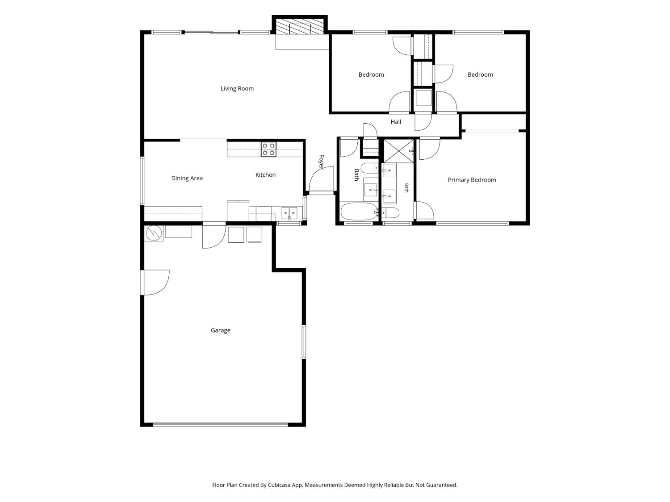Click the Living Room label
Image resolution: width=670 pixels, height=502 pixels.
click(x=237, y=88)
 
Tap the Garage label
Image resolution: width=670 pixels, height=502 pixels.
click(x=220, y=330)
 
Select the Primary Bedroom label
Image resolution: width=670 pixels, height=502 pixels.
click(x=472, y=180)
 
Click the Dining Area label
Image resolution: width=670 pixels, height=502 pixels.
click(x=187, y=178)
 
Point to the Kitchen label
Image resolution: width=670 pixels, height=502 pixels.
click(x=265, y=174)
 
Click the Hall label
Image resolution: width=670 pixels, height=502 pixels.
click(x=396, y=122)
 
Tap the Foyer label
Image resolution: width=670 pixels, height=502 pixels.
click(x=321, y=162)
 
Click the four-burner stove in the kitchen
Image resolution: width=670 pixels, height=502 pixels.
click(x=268, y=149)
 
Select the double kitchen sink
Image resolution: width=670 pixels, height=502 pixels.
click(x=289, y=213)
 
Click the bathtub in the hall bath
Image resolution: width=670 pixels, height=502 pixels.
click(x=359, y=212)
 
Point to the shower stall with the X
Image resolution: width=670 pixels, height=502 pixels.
click(x=398, y=151)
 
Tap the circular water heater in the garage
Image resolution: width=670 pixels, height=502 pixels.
click(x=154, y=233)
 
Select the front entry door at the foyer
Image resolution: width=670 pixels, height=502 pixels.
click(x=322, y=180)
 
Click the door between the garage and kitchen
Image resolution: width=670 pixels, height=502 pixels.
click(x=214, y=236)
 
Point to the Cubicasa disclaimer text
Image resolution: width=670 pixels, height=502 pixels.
click(x=335, y=485)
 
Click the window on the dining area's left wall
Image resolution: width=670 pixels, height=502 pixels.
click(x=142, y=180)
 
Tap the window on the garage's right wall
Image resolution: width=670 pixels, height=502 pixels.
click(x=304, y=342)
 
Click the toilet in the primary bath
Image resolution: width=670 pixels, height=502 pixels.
click(x=390, y=213)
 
